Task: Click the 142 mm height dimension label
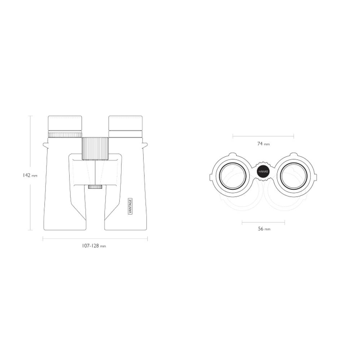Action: point(30,175)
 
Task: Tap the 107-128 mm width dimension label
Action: point(94,246)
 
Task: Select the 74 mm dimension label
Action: point(264,144)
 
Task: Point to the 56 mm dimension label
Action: point(264,229)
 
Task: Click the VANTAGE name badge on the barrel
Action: point(130,206)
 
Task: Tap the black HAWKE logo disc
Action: point(263,172)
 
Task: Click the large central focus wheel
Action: point(95,148)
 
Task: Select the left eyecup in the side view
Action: point(65,124)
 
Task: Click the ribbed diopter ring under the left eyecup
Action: point(65,135)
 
